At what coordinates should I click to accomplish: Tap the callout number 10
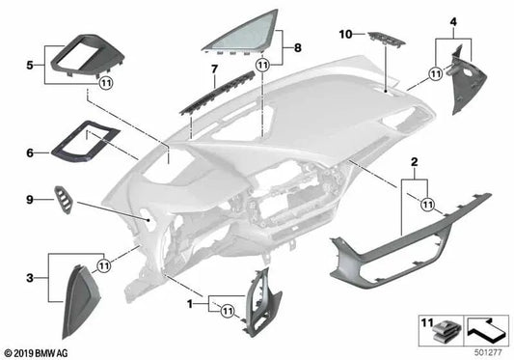coord(343,35)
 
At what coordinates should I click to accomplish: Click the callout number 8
coord(297,46)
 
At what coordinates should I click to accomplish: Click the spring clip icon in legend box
coord(446,331)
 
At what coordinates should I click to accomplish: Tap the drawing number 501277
coord(488,350)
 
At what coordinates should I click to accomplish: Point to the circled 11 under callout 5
coord(105,83)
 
